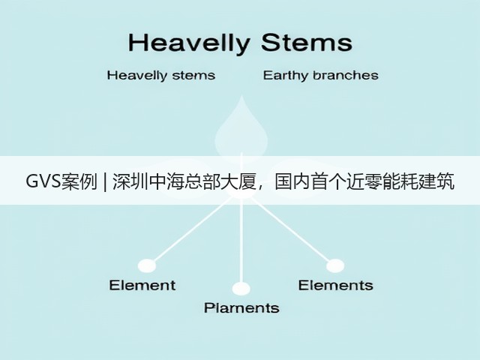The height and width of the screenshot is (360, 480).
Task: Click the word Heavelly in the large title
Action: point(189,43)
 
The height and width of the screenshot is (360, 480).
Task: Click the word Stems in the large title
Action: point(307,42)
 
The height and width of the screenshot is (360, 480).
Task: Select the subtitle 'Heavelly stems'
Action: point(161,75)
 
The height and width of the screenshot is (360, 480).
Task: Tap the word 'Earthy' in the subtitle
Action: point(285,75)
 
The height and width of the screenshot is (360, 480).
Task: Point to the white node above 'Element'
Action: point(147,265)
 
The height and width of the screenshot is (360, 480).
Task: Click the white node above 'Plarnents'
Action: point(241,289)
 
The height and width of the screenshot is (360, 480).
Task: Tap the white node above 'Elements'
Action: point(335,265)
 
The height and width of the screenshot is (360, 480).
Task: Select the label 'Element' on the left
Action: point(142,285)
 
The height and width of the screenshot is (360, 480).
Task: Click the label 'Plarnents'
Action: point(241,308)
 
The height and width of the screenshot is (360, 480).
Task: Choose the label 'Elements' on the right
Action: point(336,285)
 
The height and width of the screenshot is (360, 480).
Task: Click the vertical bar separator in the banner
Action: point(105,181)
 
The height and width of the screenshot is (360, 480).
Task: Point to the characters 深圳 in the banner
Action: point(130,181)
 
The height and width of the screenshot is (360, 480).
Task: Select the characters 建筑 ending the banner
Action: point(436,181)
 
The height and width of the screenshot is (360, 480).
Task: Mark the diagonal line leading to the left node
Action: point(191,231)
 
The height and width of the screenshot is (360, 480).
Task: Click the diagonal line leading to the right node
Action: point(290,230)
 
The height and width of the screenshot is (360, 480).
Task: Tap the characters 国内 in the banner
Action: point(292,181)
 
